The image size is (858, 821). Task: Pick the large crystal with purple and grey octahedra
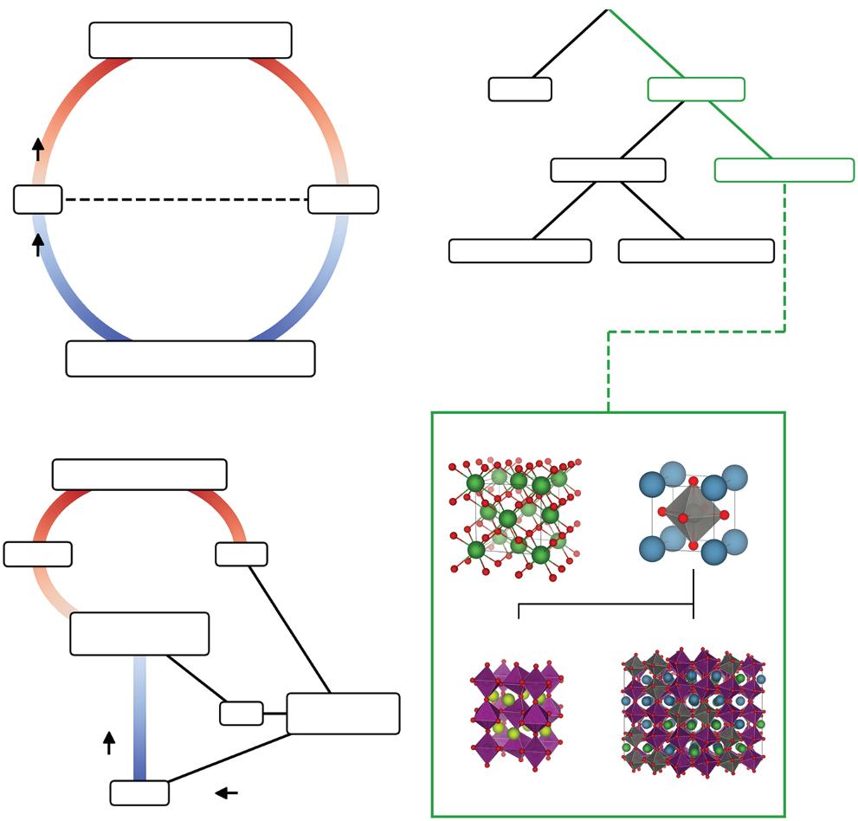tap(693, 713)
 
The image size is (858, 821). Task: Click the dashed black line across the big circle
tap(185, 199)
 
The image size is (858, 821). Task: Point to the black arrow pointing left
tap(227, 792)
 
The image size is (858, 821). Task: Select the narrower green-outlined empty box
tap(695, 89)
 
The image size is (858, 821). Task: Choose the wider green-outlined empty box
tap(784, 170)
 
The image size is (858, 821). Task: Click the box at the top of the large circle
tap(190, 40)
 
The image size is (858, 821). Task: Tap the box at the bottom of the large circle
tap(190, 359)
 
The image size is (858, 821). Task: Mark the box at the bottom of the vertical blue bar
tap(139, 792)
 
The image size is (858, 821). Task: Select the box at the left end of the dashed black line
tap(38, 199)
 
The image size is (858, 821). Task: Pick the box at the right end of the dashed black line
tap(343, 199)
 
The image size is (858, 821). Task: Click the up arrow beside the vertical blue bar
tap(109, 742)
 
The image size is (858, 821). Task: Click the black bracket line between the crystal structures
tap(606, 605)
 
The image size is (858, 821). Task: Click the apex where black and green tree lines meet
tap(610, 10)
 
